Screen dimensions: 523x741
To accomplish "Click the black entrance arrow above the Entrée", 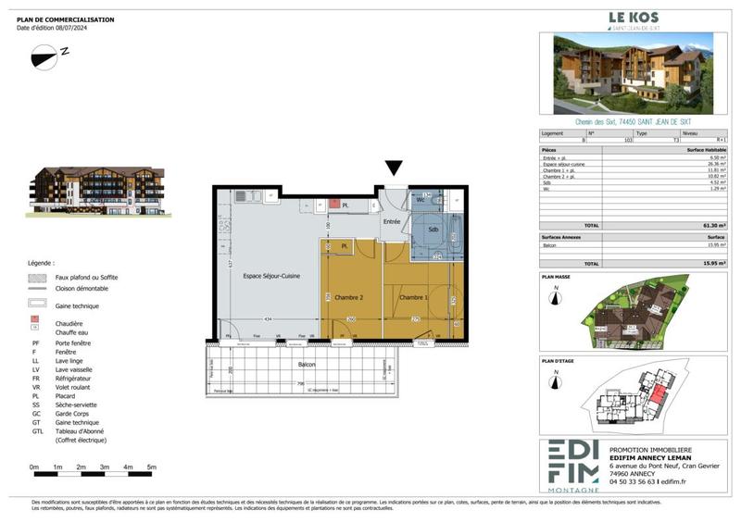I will pyautogui.click(x=394, y=168).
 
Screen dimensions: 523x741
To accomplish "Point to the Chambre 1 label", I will pyautogui.click(x=412, y=298).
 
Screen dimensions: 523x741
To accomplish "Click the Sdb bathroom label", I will pyautogui.click(x=433, y=230).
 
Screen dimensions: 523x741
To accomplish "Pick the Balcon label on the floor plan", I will pyautogui.click(x=307, y=365).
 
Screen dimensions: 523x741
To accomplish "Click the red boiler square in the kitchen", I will pyautogui.click(x=332, y=202).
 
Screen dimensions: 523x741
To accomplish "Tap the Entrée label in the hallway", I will pyautogui.click(x=393, y=221).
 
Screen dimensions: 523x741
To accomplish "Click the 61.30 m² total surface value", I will pyautogui.click(x=712, y=226).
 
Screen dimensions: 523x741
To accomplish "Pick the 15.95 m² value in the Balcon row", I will pyautogui.click(x=713, y=244).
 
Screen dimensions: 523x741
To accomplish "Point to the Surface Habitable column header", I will pyautogui.click(x=707, y=150).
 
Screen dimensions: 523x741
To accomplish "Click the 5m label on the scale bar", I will pyautogui.click(x=151, y=467).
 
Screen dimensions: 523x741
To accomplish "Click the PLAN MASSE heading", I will pyautogui.click(x=556, y=277).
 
